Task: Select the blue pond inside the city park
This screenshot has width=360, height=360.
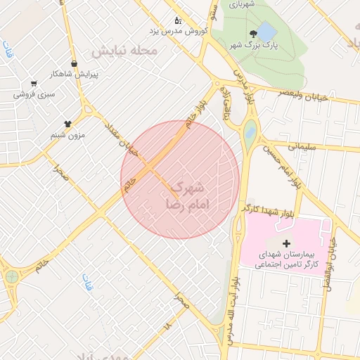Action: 267,32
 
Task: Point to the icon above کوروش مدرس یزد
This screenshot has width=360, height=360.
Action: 177,20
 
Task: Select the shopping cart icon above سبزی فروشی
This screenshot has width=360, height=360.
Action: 34,83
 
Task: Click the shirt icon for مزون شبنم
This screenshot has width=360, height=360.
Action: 67,123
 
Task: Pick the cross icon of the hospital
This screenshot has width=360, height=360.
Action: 285,243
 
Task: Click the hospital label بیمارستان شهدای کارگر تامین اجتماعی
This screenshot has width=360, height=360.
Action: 285,259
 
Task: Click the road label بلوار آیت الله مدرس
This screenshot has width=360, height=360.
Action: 233,309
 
